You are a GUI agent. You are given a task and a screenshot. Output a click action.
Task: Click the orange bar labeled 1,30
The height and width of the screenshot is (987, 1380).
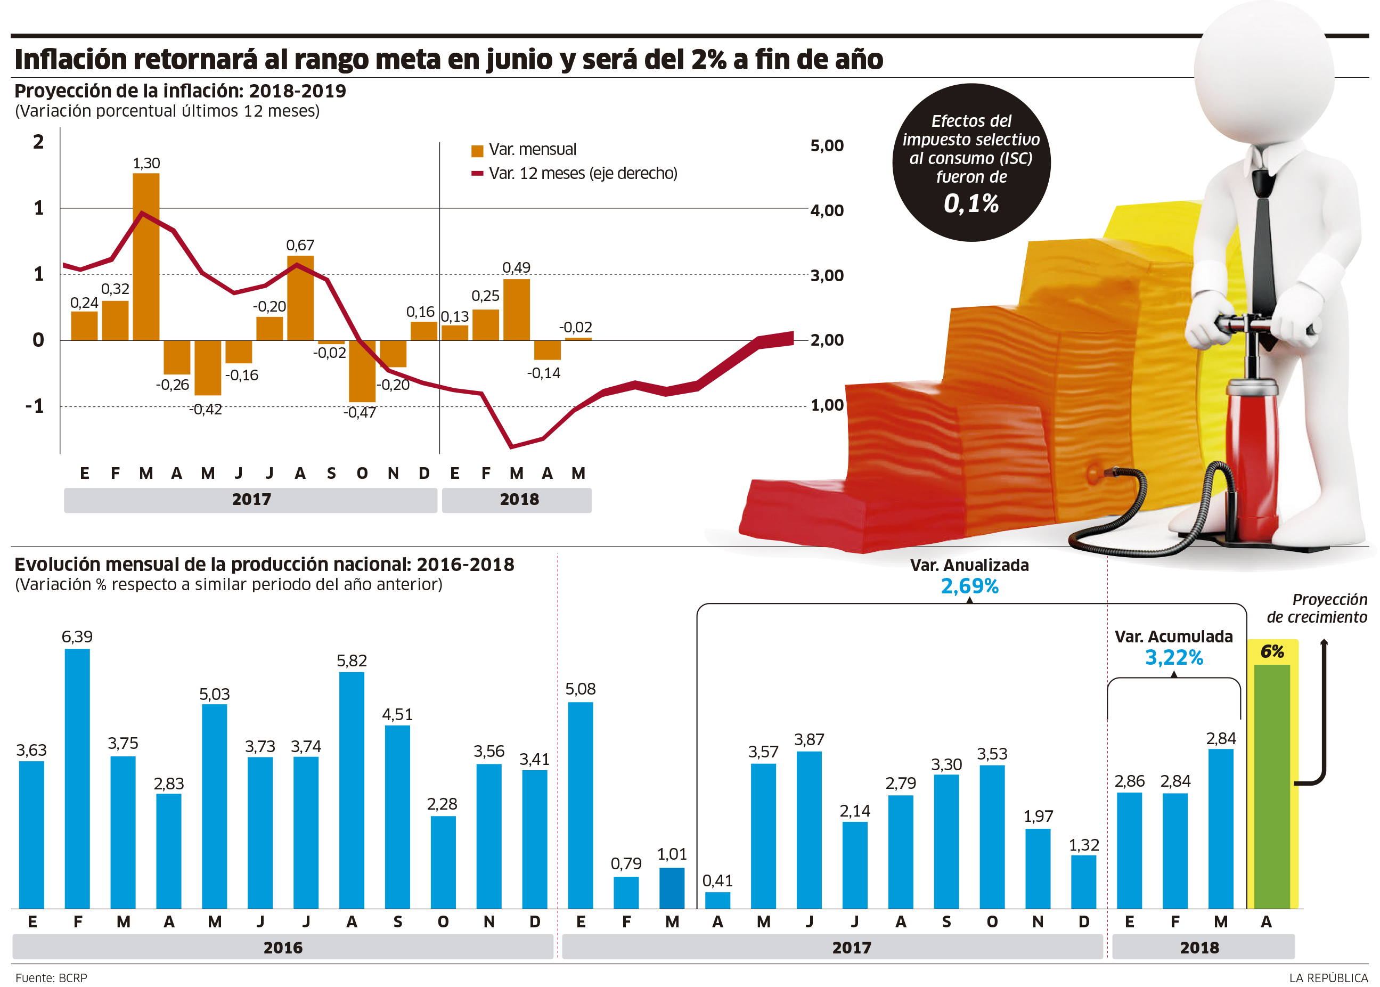click(146, 257)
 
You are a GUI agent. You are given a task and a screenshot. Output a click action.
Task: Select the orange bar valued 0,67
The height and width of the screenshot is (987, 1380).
click(300, 298)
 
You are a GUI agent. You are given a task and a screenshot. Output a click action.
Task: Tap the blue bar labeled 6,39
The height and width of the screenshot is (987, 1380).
click(77, 778)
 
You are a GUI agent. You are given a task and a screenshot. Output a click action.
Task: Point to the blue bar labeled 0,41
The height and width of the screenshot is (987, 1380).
click(717, 900)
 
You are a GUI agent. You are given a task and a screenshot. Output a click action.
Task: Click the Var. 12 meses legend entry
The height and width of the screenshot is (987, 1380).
click(574, 174)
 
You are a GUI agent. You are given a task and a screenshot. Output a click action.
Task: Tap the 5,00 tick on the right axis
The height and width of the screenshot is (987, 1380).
click(827, 146)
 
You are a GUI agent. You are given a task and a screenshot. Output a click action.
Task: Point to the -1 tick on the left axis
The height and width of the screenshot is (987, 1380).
click(35, 406)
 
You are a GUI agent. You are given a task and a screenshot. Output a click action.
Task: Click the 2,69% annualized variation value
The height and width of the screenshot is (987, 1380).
click(969, 586)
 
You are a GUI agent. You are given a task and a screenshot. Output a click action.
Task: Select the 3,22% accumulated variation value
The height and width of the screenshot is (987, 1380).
click(1173, 658)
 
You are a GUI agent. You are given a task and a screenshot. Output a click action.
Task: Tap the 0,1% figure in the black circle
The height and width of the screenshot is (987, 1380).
click(971, 203)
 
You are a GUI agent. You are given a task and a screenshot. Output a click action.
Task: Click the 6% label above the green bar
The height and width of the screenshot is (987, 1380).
click(1272, 652)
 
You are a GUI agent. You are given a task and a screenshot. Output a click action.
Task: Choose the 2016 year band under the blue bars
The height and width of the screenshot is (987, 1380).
click(283, 948)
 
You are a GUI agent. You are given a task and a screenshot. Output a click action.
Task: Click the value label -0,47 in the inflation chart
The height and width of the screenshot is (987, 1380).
click(360, 413)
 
